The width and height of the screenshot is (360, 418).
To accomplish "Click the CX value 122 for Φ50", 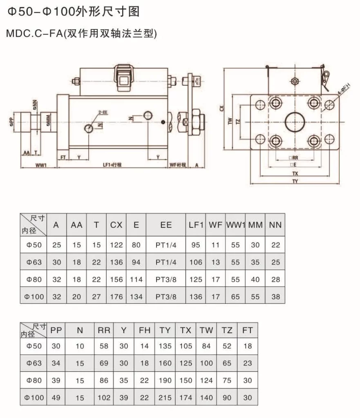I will click(x=116, y=245).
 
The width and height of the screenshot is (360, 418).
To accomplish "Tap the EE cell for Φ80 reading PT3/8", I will click(x=166, y=280).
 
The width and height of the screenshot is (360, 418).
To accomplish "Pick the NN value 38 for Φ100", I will click(x=275, y=297).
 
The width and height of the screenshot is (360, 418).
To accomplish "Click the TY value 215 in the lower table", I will click(x=165, y=398).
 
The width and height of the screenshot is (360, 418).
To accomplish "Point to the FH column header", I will click(x=145, y=330).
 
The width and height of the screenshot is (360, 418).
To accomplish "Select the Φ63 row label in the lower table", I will click(x=34, y=363).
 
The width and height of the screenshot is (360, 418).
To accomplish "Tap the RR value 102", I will click(x=104, y=398).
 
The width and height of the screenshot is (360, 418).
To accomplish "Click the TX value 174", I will click(x=186, y=398).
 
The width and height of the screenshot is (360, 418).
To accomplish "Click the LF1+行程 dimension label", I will click(x=113, y=165).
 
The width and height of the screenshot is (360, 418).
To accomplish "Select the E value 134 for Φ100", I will click(x=136, y=297).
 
